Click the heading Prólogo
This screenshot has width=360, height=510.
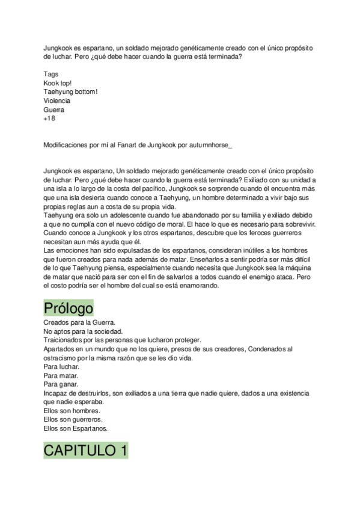coord(68,309)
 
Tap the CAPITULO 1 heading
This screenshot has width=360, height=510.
coord(85,450)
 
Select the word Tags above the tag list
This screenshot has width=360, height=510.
coord(51,74)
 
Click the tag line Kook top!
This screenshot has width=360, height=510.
coord(58,83)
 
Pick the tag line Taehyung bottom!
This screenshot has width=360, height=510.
coord(70,92)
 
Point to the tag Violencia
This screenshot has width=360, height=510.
coord(56,101)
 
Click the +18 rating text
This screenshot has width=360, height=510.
coord(49,119)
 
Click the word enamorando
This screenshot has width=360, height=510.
coord(197,286)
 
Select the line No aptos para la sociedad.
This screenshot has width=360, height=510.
coord(83,331)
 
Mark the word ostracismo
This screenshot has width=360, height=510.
coord(62,358)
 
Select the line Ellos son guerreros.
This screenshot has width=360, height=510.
coord(73,419)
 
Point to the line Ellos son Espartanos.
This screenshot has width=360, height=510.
coord(75,428)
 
